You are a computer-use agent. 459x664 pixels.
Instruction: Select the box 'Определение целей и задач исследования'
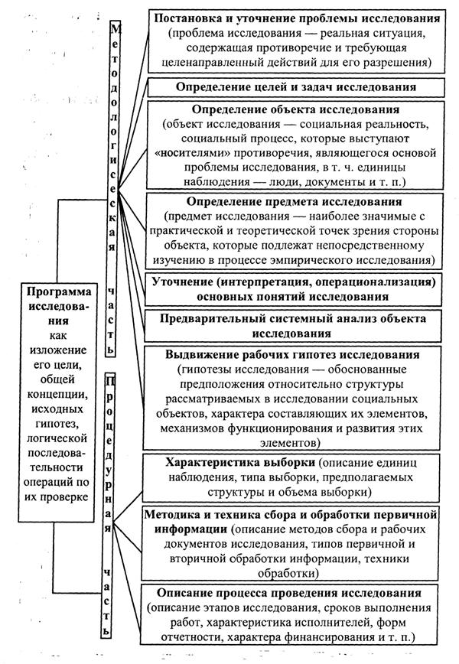295,86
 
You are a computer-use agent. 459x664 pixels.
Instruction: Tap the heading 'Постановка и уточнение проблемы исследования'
296,18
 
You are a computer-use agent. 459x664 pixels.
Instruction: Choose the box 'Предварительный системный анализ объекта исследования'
295,326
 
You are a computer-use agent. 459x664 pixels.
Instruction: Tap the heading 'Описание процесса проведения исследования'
295,593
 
